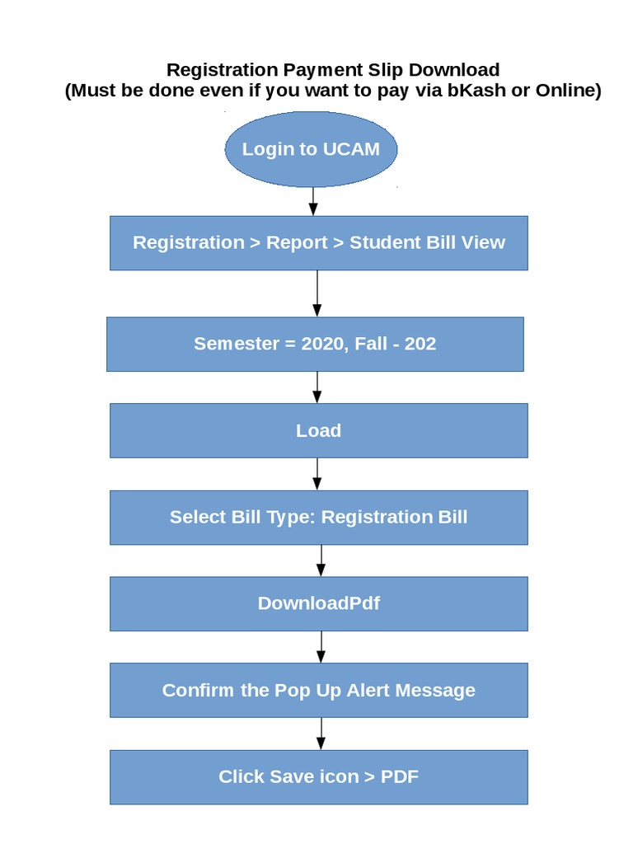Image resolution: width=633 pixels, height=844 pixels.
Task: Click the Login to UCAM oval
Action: click(x=311, y=149)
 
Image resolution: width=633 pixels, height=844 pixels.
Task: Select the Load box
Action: click(x=318, y=430)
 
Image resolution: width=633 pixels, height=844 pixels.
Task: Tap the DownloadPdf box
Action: click(x=318, y=603)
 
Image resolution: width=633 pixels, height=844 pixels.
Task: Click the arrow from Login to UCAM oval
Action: click(x=313, y=201)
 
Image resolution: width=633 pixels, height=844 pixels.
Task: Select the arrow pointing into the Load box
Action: click(x=317, y=387)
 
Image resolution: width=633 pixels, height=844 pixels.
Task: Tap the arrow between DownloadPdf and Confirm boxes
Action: click(x=321, y=647)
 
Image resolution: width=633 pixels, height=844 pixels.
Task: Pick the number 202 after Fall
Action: click(x=420, y=344)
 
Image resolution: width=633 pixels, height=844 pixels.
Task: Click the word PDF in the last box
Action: click(x=400, y=776)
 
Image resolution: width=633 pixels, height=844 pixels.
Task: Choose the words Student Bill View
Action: click(x=427, y=242)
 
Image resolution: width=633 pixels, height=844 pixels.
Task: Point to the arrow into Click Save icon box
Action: click(x=321, y=734)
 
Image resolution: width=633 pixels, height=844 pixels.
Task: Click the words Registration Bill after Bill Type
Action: click(x=394, y=517)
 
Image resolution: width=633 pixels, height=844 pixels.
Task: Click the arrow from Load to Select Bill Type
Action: click(x=317, y=474)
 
